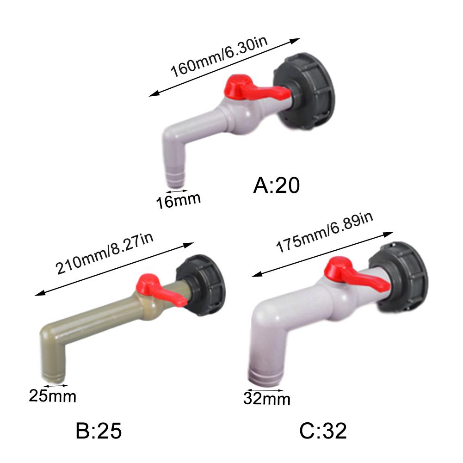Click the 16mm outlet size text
(178, 200)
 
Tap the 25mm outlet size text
(52, 396)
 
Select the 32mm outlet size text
(267, 398)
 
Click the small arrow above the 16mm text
(177, 190)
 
